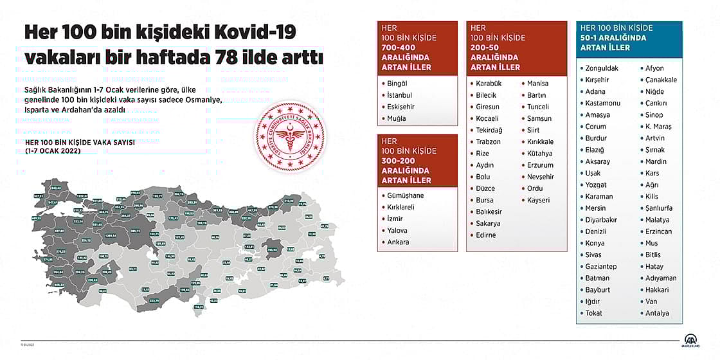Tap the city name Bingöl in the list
coord(397,84)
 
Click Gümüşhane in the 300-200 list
coord(406,195)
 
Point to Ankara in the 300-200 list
coord(398,242)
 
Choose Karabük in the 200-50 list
coord(489,84)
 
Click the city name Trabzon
coord(489,142)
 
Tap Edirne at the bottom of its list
coord(486,235)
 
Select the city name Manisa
coord(537,84)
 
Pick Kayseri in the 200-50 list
coord(538,200)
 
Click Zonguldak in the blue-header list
coord(602,68)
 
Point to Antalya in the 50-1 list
coord(657,314)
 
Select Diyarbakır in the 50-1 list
coord(601,220)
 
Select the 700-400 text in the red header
coord(398,48)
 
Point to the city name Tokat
coord(595,314)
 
